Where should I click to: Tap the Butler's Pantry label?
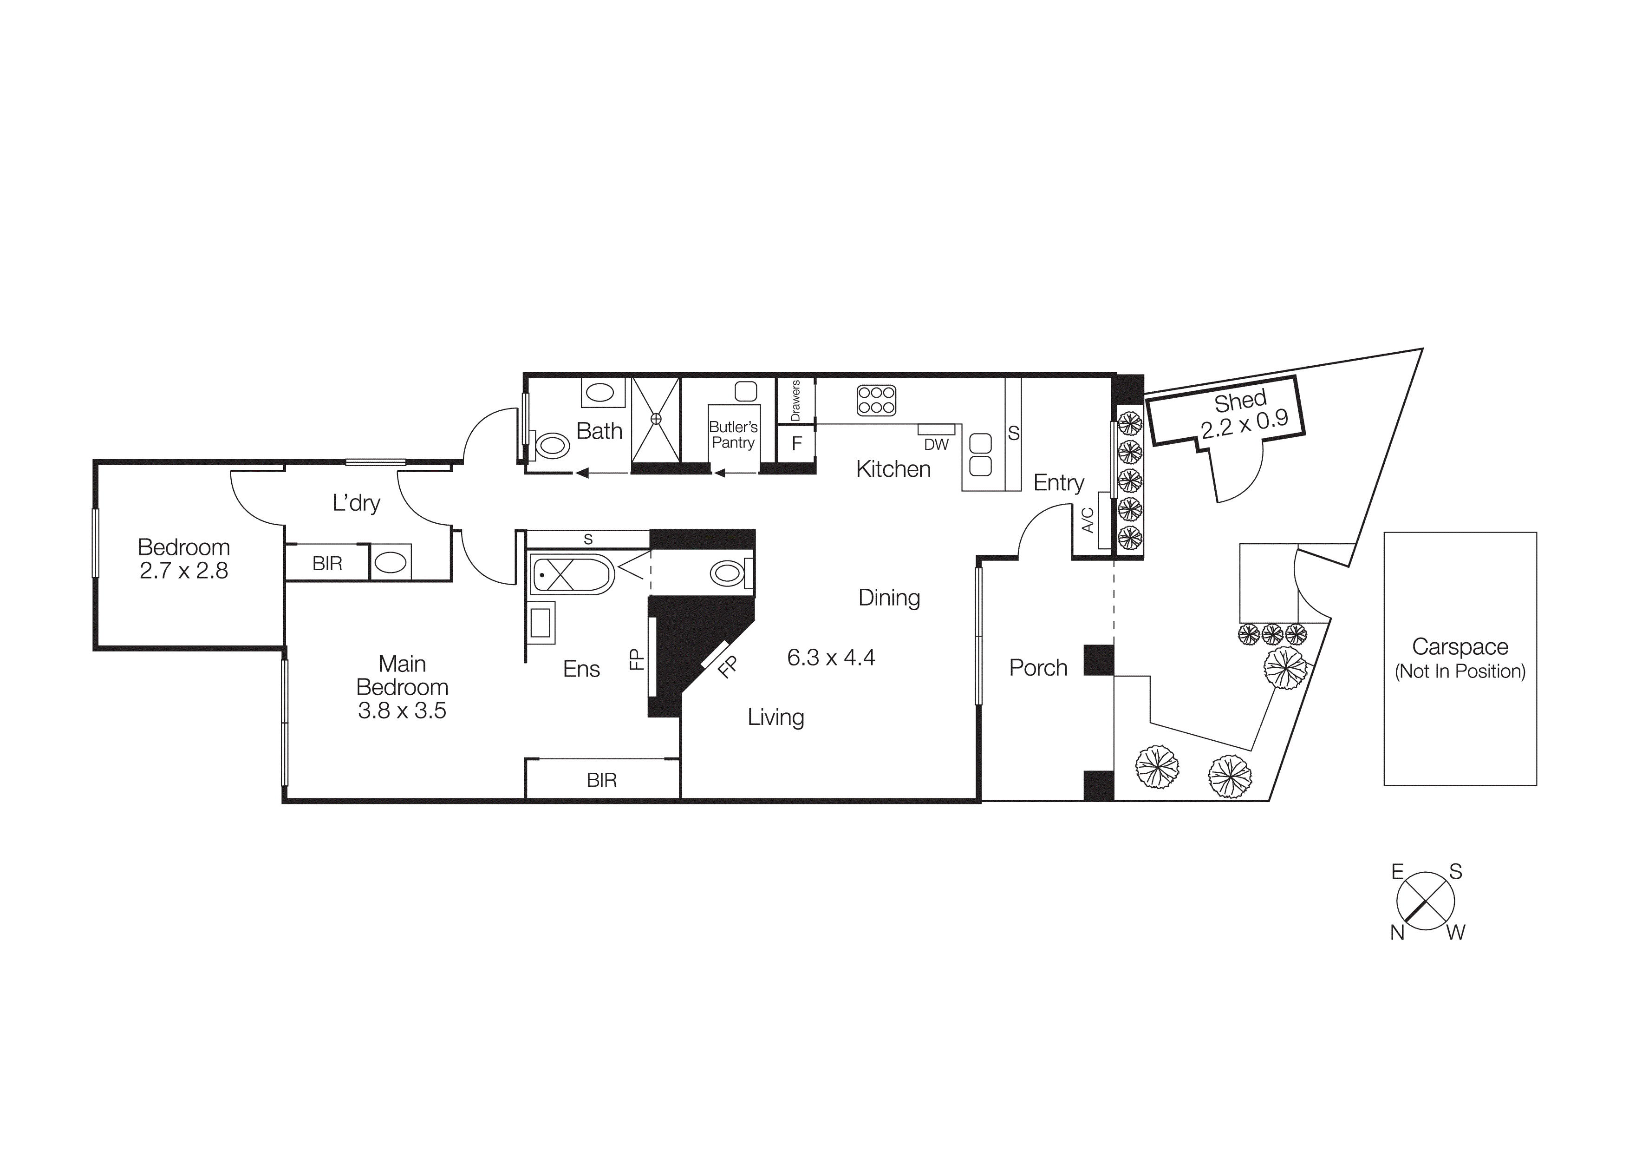[733, 434]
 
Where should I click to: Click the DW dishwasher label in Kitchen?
[936, 444]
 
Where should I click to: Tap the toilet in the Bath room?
[553, 446]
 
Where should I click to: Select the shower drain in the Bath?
[656, 419]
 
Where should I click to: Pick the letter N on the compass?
[1397, 933]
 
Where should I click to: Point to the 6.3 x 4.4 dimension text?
[830, 657]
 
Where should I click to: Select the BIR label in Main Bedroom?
[602, 780]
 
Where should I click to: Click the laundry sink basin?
[390, 563]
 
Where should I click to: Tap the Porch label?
[1038, 667]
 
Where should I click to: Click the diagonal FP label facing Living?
[727, 667]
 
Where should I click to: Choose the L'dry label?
[356, 502]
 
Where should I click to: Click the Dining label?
[889, 598]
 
